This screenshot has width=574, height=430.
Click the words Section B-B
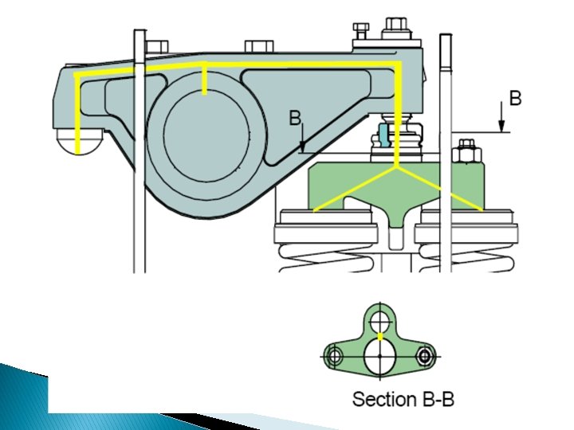coord(403,399)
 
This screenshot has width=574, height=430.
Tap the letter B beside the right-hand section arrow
coord(515,99)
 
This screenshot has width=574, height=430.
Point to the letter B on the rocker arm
coord(295,119)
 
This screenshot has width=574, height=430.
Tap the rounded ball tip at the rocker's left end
coord(77,144)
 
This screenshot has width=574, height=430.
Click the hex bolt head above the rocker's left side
coord(157,46)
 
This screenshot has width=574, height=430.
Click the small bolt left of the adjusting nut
coord(361,33)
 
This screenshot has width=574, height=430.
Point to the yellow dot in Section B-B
coord(381,338)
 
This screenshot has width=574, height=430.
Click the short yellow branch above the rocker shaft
coord(206,79)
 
